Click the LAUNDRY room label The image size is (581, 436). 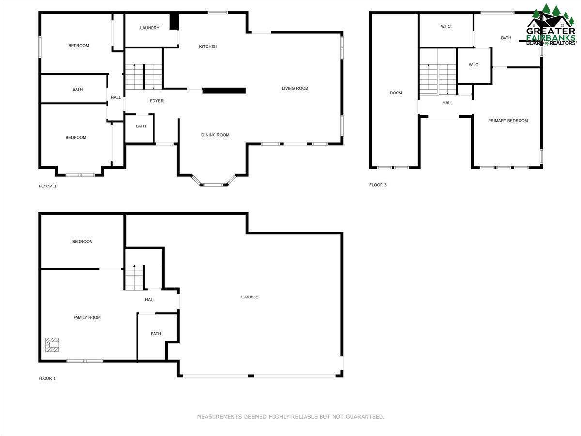pyautogui.click(x=150, y=28)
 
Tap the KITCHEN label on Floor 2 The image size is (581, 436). pyautogui.click(x=208, y=47)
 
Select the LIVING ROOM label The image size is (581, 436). pyautogui.click(x=295, y=88)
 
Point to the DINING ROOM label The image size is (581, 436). pyautogui.click(x=215, y=135)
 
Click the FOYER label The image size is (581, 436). pyautogui.click(x=156, y=101)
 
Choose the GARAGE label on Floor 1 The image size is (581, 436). pyautogui.click(x=249, y=297)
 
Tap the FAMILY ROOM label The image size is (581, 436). pyautogui.click(x=87, y=318)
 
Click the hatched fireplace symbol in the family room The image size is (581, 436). pyautogui.click(x=52, y=344)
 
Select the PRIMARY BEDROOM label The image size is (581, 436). pyautogui.click(x=508, y=121)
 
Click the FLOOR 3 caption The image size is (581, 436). pyautogui.click(x=378, y=185)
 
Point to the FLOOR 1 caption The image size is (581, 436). pyautogui.click(x=47, y=378)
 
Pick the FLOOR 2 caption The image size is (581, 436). pyautogui.click(x=47, y=186)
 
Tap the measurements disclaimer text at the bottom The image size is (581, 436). pyautogui.click(x=290, y=417)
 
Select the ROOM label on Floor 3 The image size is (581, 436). pyautogui.click(x=396, y=93)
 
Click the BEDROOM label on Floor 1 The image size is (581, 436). pyautogui.click(x=82, y=242)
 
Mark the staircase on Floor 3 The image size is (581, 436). pyautogui.click(x=438, y=79)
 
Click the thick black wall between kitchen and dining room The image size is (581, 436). pyautogui.click(x=224, y=91)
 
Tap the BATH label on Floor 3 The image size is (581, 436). pyautogui.click(x=506, y=38)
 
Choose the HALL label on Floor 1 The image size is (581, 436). pyautogui.click(x=150, y=300)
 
